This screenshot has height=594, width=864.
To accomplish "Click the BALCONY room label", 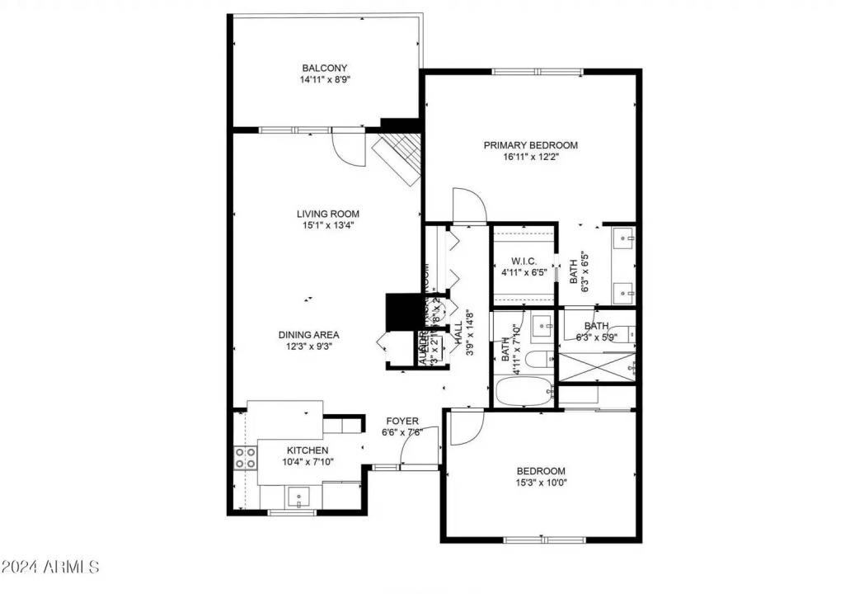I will coord(324,68).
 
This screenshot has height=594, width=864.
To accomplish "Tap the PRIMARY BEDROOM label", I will coord(530,145).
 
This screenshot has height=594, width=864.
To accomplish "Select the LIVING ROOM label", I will coord(328,214).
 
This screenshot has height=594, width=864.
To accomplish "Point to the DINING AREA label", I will coord(308,335).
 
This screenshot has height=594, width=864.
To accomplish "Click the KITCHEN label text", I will coord(308,450).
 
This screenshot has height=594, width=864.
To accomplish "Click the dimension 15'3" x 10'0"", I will coord(541,483).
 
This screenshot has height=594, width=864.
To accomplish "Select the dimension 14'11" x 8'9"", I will coord(324,81).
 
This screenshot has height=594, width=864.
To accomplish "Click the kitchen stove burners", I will coord(246,458).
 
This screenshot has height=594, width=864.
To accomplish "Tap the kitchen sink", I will coord(298,497).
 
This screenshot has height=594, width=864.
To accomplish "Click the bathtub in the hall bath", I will coord(524,391).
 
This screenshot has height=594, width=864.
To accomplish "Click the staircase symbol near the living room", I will coord(398,158).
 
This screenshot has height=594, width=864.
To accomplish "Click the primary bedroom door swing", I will coord(467,205).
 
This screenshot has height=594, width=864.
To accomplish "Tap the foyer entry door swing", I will coord(417,449).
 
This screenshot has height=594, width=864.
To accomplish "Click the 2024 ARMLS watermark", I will coord(51,568).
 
